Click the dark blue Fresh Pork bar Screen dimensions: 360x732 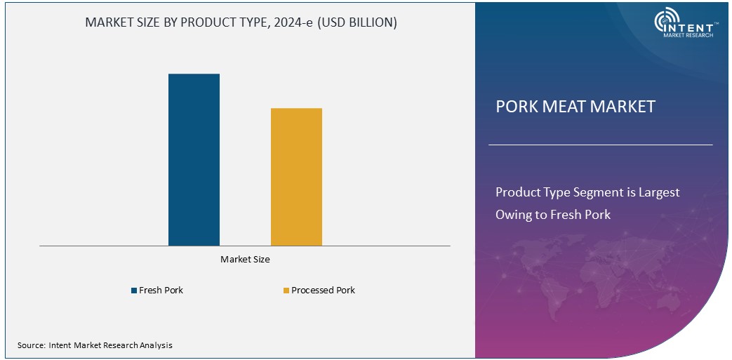click(x=194, y=159)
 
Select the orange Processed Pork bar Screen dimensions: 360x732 click(x=296, y=177)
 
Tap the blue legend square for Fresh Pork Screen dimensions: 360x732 click(x=134, y=291)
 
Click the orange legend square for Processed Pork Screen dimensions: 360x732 click(x=286, y=291)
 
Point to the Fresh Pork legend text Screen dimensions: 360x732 click(x=161, y=291)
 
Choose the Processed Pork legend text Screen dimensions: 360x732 click(x=323, y=291)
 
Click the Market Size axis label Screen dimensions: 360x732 click(x=245, y=260)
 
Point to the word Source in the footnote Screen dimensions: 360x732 click(x=31, y=345)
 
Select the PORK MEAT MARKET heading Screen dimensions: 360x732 click(x=575, y=107)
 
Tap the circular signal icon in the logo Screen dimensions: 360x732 click(x=665, y=21)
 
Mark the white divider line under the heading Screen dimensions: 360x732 click(x=600, y=145)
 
